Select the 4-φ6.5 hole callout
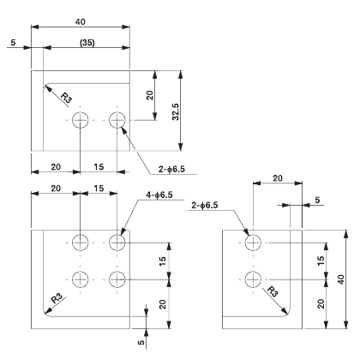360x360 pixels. tap(157, 196)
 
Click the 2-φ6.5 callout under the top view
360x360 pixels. tap(178, 169)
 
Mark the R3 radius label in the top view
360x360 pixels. tap(63, 100)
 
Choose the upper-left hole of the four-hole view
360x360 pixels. tap(81, 243)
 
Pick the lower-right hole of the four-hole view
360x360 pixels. tap(117, 279)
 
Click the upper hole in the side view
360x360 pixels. tap(252, 243)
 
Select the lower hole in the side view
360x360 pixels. tap(252, 279)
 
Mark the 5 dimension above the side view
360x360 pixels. tap(318, 200)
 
